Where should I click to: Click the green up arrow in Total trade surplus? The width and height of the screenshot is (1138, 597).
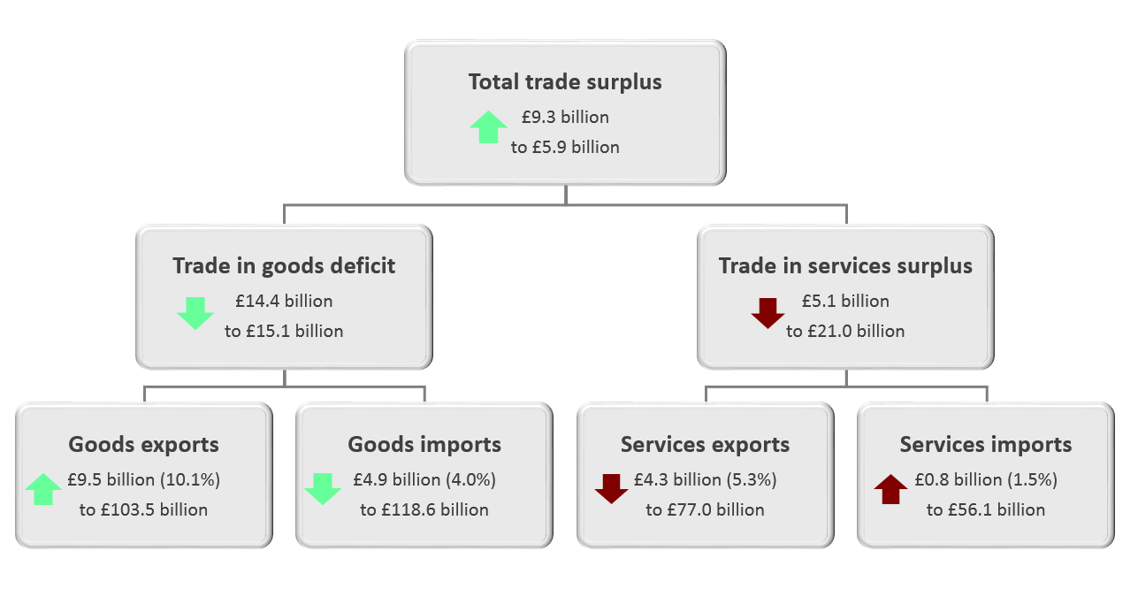pos(488,127)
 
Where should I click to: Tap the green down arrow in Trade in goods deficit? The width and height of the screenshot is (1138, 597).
pos(195,313)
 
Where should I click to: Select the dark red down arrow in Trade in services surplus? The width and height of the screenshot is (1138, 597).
pos(768,313)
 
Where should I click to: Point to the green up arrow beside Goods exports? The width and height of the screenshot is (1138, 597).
pos(43,489)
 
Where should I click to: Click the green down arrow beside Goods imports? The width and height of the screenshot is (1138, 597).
pos(323,489)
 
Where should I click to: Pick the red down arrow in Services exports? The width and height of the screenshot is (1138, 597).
pos(611,489)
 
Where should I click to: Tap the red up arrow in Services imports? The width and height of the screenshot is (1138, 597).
pos(890,489)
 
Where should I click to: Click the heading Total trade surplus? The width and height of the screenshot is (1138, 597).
pos(565,82)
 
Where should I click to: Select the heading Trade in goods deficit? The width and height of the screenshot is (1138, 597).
pos(284,266)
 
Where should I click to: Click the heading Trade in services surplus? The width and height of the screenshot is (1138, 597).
pos(845,266)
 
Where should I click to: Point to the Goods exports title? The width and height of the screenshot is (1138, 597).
pos(144,445)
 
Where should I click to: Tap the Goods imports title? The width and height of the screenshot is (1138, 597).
pos(424,445)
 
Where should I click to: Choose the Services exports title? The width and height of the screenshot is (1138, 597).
pos(705,445)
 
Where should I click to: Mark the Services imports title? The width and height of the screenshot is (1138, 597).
pos(986,445)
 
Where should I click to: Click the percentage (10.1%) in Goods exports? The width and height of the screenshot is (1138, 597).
pos(190,479)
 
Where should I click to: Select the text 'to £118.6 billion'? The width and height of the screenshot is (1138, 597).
pos(424,509)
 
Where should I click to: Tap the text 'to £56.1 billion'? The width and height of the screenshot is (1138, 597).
pos(986,509)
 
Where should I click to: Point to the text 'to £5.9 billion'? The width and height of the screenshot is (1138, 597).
pos(565,148)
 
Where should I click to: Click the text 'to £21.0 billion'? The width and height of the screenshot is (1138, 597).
pos(845,332)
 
